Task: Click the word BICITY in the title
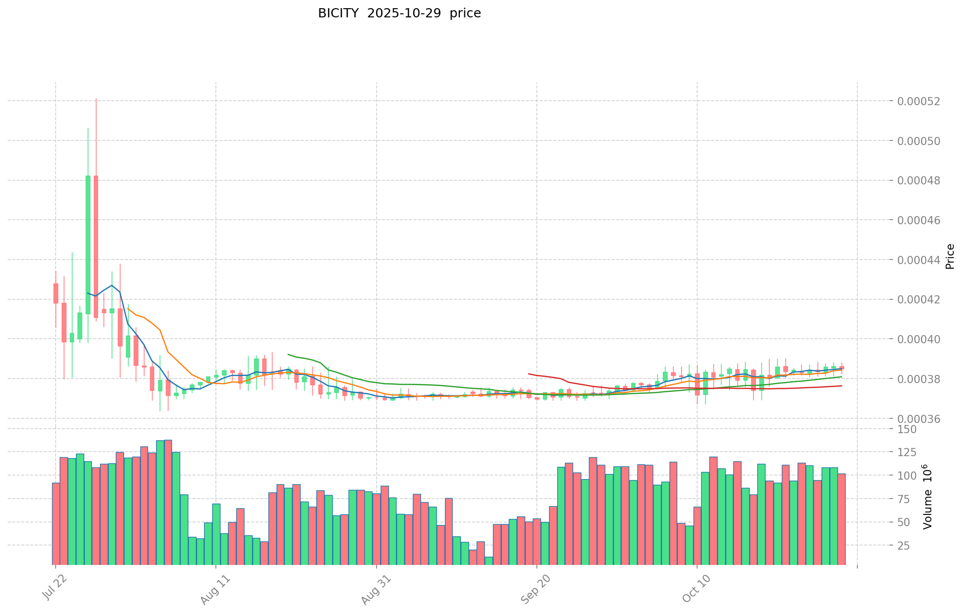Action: click(336, 13)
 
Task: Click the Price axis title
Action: click(950, 256)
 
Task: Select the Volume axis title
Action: click(927, 497)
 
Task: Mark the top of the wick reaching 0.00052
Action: click(96, 99)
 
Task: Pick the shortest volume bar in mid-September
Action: click(489, 560)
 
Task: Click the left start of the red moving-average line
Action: click(529, 374)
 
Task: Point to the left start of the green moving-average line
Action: click(288, 354)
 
